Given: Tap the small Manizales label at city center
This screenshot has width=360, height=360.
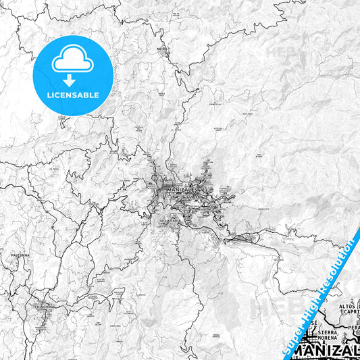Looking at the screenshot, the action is coord(180,191).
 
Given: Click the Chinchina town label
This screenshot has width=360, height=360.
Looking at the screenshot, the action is coord(45,305).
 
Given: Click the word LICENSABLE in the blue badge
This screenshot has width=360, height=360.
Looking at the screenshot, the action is coord(72,94).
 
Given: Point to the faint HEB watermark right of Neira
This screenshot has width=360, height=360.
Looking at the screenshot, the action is coord(277,51).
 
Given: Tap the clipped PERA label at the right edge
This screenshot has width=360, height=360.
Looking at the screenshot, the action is coord(354,328).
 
